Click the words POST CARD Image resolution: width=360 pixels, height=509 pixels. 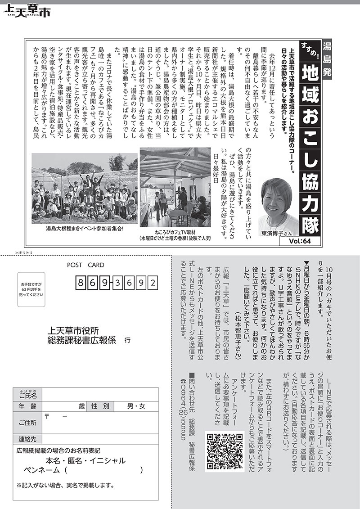85,265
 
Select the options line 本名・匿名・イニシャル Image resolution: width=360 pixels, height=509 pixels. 85,461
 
